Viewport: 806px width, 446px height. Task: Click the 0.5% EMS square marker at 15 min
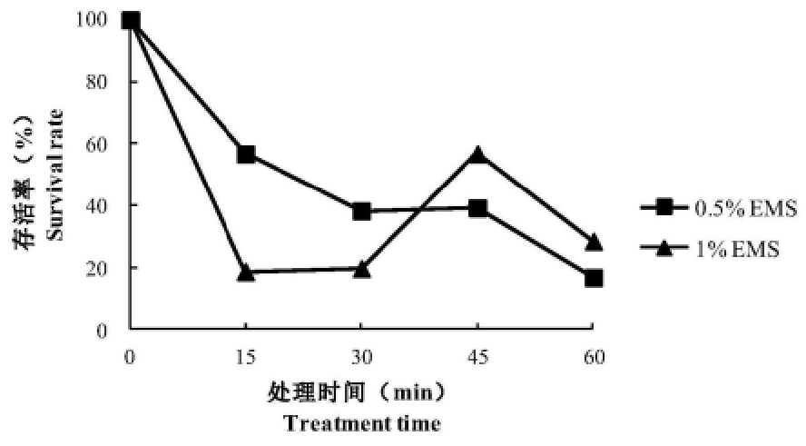[246, 154]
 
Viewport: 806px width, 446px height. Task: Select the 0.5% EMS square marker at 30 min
[361, 211]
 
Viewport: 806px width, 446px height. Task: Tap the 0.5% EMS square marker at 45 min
[477, 208]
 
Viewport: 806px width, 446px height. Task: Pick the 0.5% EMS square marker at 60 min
[594, 278]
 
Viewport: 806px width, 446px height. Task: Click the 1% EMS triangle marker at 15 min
[246, 272]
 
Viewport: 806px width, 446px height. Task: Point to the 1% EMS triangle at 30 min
[361, 269]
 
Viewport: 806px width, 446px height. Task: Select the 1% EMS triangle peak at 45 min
[477, 154]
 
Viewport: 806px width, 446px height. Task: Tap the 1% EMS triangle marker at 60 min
[594, 243]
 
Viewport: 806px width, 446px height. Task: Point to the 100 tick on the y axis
[102, 19]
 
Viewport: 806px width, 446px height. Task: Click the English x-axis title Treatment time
[362, 423]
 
